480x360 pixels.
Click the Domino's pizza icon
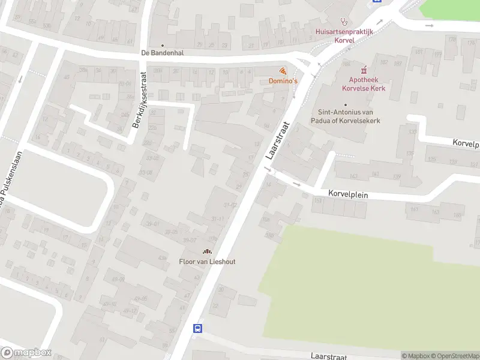point(283,71)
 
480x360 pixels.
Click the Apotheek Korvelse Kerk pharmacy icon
point(364,70)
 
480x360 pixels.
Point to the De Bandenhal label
point(162,53)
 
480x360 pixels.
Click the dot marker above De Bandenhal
point(162,45)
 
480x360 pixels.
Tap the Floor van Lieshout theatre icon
point(207,252)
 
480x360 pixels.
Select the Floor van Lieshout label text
point(207,262)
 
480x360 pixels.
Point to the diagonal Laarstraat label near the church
point(277,141)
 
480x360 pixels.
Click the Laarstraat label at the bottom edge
point(328,356)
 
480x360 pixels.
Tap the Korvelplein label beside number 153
point(348,194)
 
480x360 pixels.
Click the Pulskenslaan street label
point(8,180)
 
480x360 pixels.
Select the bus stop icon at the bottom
point(197,328)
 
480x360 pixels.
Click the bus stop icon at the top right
point(377,2)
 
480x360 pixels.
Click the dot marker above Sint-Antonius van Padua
point(337,104)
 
